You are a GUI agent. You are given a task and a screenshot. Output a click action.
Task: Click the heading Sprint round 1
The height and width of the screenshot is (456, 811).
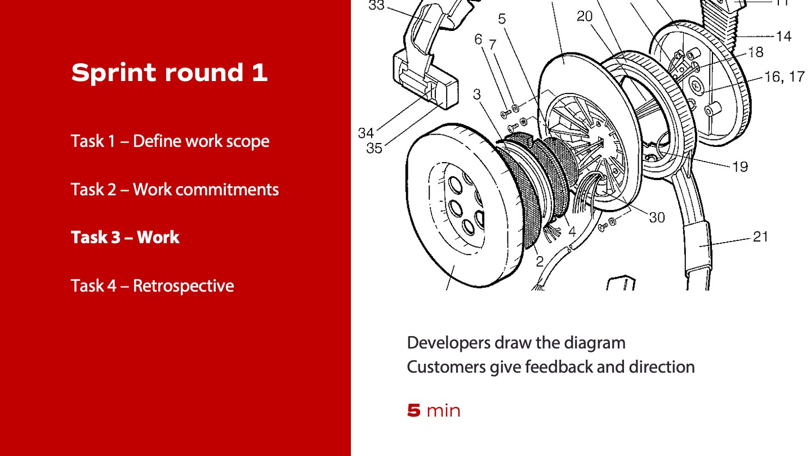coord(169,73)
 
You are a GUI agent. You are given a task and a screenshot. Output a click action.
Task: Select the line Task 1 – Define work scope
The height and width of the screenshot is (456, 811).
coord(170,141)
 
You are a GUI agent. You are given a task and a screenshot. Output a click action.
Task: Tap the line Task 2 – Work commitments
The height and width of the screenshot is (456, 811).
coord(175,189)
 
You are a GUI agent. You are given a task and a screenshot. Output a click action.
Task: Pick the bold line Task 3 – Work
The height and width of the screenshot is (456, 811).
coord(125,237)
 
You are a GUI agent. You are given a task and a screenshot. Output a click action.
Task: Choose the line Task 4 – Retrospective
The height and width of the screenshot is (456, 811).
coord(152,285)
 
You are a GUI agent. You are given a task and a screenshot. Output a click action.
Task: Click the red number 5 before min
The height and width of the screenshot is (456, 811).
coord(414,411)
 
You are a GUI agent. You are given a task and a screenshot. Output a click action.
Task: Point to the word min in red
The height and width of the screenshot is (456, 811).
coord(443,411)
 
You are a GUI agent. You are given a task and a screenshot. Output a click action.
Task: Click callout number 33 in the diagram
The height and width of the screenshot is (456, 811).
coord(377,6)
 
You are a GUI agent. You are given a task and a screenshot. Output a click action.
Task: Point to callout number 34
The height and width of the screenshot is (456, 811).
coord(366,133)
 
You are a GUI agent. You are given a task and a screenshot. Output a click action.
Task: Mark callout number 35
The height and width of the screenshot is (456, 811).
coord(374,148)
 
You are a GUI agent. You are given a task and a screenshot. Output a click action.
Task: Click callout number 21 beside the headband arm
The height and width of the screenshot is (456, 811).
coord(760,236)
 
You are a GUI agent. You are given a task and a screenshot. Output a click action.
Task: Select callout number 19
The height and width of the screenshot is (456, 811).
coord(740,166)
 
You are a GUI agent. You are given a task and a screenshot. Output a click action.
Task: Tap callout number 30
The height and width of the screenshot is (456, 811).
coord(657,217)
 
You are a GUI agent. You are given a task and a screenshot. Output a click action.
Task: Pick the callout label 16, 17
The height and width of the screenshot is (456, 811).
coord(785,77)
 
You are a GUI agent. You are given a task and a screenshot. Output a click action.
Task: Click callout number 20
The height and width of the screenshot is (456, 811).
coord(585,16)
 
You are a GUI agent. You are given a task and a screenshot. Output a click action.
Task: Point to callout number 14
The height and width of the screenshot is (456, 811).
coord(783,37)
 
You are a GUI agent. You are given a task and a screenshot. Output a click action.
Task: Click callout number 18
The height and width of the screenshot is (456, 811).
coord(755,52)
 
